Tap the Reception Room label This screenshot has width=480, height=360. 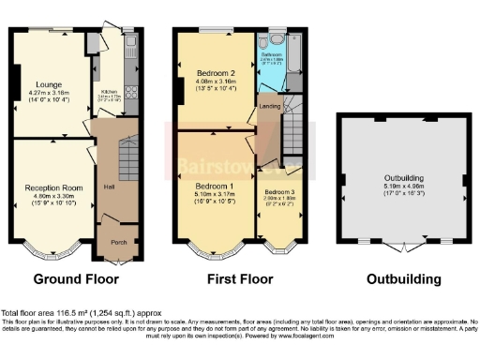click(x=50, y=187)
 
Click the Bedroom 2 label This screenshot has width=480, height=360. click(x=216, y=73)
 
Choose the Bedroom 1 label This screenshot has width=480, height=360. click(x=216, y=187)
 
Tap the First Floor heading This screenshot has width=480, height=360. click(x=241, y=279)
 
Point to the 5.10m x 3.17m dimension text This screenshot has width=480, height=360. click(x=216, y=196)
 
